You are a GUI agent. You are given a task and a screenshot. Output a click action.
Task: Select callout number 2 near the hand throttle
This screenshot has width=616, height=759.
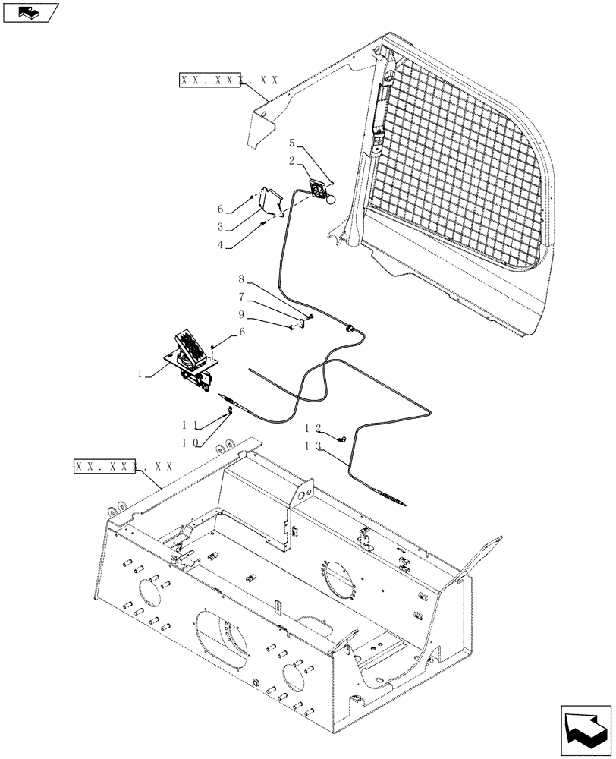(x=291, y=160)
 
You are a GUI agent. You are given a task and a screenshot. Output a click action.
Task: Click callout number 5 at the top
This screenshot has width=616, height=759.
(x=291, y=143)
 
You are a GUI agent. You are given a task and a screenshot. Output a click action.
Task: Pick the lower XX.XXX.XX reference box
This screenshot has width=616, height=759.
(x=124, y=466)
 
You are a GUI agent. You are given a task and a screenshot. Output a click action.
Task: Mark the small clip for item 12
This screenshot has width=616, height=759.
(x=343, y=438)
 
